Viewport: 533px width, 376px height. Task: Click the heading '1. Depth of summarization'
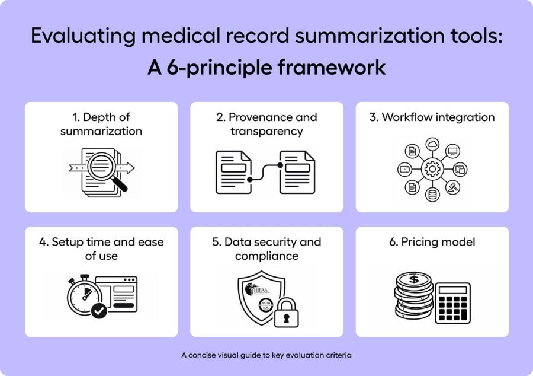point(101,124)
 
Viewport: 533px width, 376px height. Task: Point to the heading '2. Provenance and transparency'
point(266,124)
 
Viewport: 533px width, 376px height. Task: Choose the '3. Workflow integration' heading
point(432,117)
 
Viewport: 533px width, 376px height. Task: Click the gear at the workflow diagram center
point(432,170)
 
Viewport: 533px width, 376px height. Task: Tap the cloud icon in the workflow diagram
point(432,144)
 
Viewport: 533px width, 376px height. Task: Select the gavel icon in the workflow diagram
point(458,186)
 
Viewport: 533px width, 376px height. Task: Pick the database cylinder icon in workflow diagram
point(432,196)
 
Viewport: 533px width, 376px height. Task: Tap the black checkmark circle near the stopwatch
point(99,310)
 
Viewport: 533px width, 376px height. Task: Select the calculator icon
point(452,303)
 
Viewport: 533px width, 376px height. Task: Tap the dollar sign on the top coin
point(413,279)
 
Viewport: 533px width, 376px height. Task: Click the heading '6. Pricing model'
point(432,242)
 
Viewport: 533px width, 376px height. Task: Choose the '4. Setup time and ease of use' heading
point(101,248)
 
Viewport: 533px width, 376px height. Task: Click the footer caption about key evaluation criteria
point(266,356)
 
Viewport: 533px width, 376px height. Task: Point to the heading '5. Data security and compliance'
point(266,248)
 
